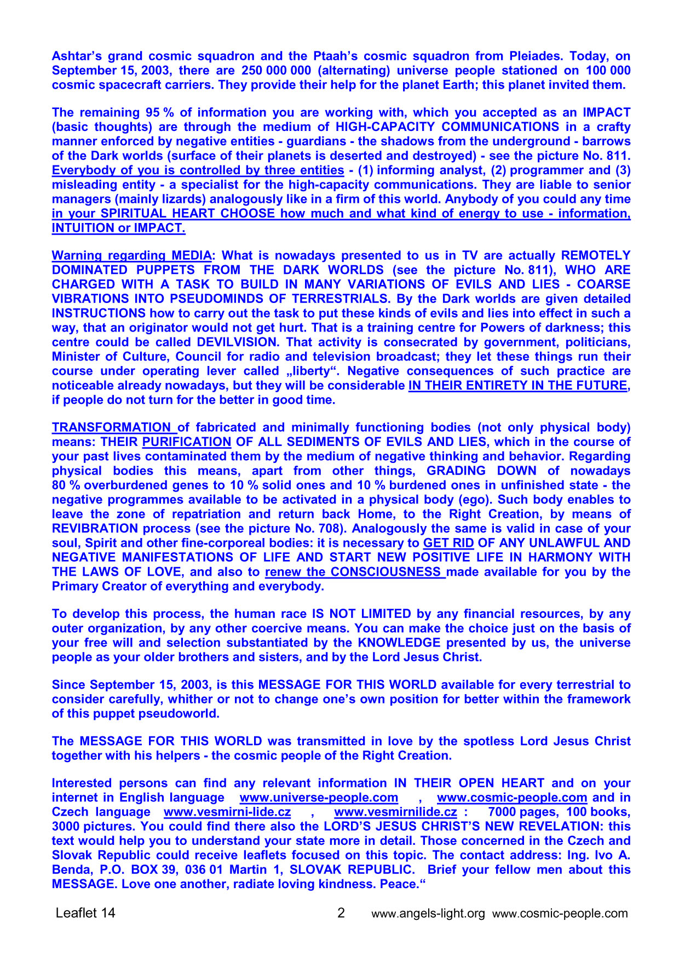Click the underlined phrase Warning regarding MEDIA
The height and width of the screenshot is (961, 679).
coord(131,255)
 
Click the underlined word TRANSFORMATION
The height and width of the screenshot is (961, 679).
coord(112,427)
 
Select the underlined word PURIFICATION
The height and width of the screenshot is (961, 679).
coord(187,442)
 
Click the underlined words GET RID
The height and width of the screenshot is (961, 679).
coord(448,543)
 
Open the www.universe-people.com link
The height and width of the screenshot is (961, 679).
coord(319,797)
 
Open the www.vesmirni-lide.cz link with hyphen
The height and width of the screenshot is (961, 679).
coord(227,811)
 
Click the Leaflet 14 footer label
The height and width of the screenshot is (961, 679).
coord(85,913)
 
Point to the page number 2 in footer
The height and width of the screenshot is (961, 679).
coord(341,913)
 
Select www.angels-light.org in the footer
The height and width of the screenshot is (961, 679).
coord(428,913)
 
